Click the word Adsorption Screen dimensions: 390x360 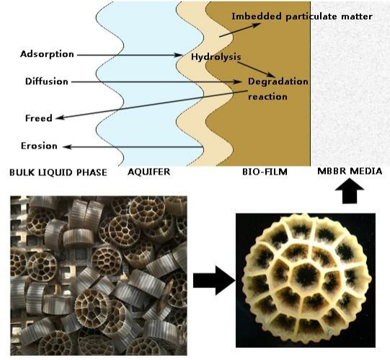tap(47, 54)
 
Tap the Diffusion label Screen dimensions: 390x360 tap(47, 82)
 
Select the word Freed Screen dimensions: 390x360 tap(39, 118)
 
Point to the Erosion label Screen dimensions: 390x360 tap(39, 146)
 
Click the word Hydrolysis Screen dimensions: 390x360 tap(216, 57)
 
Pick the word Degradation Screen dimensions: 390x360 tap(278, 82)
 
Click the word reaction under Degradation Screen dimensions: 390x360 tap(267, 97)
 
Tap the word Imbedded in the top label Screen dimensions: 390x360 tap(257, 17)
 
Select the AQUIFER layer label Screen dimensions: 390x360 tap(149, 172)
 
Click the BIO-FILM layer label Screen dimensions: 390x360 tap(265, 172)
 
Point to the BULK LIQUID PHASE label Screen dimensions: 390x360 tap(58, 172)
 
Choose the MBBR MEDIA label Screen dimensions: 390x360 tap(350, 171)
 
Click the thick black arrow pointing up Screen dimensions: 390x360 tap(350, 191)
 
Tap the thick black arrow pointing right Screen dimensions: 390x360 tap(214, 281)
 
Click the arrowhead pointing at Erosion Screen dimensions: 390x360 tap(67, 147)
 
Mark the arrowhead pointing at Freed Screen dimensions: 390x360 tap(60, 118)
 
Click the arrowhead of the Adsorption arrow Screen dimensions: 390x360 tap(179, 55)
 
